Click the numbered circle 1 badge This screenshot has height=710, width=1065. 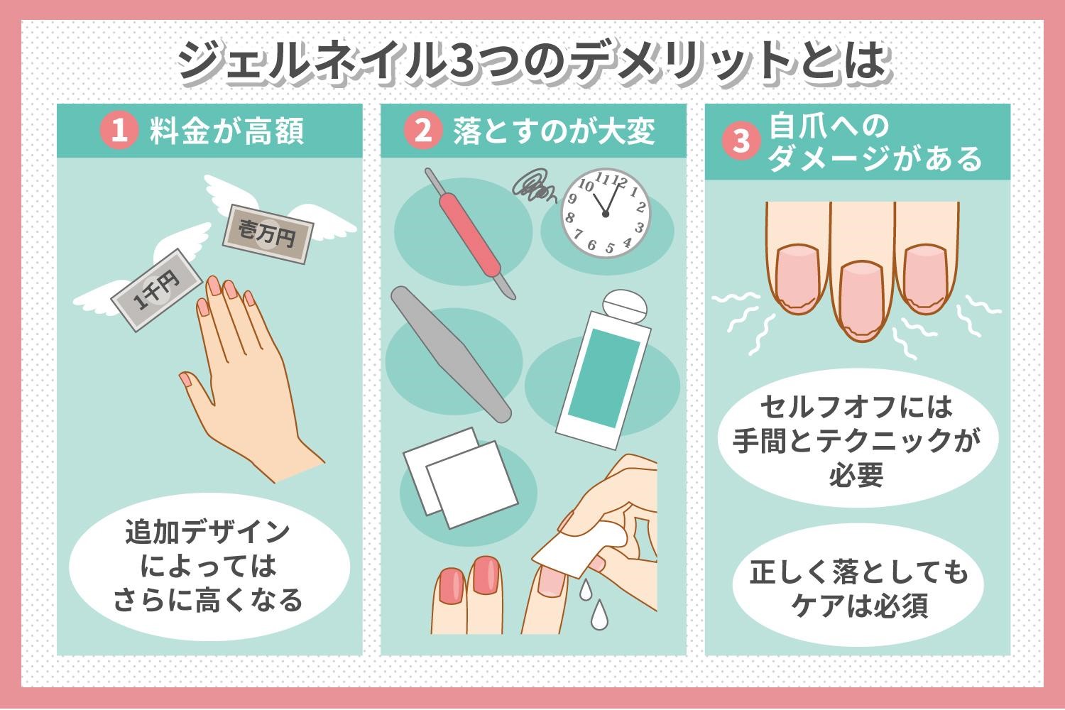pyautogui.click(x=119, y=131)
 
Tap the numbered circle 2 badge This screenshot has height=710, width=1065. pyautogui.click(x=423, y=131)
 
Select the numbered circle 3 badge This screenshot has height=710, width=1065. pyautogui.click(x=741, y=141)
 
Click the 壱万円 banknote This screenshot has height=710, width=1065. pyautogui.click(x=268, y=234)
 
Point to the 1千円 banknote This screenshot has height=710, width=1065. pyautogui.click(x=157, y=290)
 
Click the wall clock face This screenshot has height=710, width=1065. pyautogui.click(x=605, y=213)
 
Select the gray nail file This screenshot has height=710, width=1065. pyautogui.click(x=451, y=354)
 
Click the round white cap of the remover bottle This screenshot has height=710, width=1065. pyautogui.click(x=625, y=307)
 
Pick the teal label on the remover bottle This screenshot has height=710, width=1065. pyautogui.click(x=604, y=378)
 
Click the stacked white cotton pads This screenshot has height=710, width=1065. pyautogui.click(x=460, y=477)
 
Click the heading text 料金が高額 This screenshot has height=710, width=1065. pyautogui.click(x=226, y=131)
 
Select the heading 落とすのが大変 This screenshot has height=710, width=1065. pyautogui.click(x=554, y=131)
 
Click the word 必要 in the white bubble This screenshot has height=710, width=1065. pyautogui.click(x=856, y=474)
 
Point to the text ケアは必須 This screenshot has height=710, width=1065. pyautogui.click(x=860, y=606)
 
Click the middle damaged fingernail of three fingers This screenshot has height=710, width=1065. pyautogui.click(x=861, y=300)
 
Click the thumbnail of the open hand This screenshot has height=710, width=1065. pyautogui.click(x=186, y=379)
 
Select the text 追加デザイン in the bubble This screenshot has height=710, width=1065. pyautogui.click(x=208, y=532)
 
